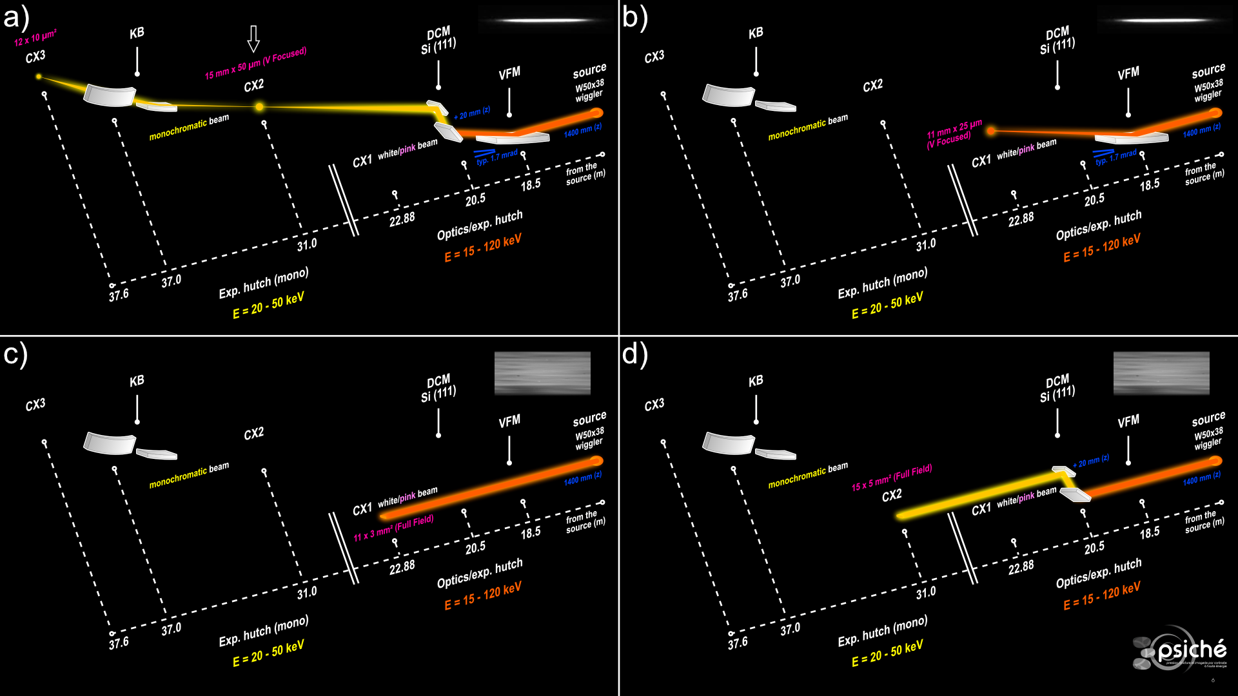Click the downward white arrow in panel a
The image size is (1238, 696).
click(x=253, y=39)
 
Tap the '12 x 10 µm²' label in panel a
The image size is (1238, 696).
click(x=35, y=38)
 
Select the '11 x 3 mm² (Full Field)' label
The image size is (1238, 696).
click(x=393, y=528)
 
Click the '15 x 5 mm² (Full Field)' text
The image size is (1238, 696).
click(x=892, y=478)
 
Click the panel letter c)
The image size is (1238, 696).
click(x=15, y=354)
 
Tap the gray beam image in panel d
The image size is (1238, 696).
click(x=1161, y=373)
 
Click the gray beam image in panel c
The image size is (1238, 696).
click(x=542, y=373)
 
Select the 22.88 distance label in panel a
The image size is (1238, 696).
click(x=402, y=219)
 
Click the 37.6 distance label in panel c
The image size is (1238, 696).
click(x=119, y=643)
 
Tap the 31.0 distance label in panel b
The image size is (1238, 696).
click(x=926, y=244)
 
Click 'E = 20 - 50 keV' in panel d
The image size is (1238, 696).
click(x=887, y=653)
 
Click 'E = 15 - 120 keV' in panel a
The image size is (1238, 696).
click(x=482, y=248)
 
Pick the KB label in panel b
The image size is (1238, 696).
click(x=756, y=33)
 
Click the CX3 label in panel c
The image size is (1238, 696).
click(x=35, y=405)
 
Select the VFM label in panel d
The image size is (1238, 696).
click(x=1128, y=421)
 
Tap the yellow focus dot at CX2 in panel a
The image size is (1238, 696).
click(x=259, y=107)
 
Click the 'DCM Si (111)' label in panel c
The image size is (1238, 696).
click(x=438, y=388)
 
